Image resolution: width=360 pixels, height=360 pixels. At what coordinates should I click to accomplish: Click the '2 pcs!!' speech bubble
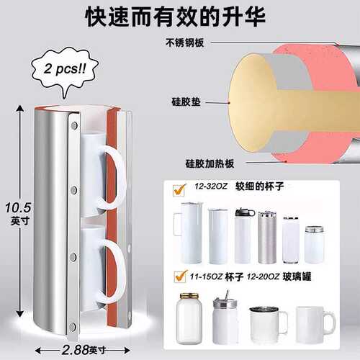click(65, 71)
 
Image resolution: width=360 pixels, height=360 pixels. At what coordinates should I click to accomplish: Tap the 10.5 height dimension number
click(18, 207)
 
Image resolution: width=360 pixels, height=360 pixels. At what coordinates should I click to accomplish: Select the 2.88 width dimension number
click(76, 350)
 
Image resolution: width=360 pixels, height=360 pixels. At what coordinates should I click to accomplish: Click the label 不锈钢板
click(184, 43)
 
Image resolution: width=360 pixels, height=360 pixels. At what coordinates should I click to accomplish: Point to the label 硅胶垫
click(186, 102)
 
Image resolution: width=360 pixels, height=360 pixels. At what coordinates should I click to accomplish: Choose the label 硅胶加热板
click(210, 163)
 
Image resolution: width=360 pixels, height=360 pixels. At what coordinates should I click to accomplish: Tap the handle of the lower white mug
click(113, 271)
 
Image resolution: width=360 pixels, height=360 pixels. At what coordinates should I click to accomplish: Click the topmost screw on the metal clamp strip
click(74, 125)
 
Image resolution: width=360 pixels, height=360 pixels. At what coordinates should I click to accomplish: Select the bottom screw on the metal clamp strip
click(73, 326)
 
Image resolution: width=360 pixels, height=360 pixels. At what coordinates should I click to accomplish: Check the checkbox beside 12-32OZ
click(179, 190)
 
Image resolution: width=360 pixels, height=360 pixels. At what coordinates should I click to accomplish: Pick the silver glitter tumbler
click(267, 237)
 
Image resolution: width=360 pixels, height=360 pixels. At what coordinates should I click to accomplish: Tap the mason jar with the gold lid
click(189, 318)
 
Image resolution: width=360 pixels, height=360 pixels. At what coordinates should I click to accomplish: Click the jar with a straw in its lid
click(225, 317)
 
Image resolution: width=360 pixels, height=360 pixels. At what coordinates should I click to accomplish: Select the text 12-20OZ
click(263, 276)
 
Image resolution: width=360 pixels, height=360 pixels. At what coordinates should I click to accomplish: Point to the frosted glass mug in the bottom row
click(315, 325)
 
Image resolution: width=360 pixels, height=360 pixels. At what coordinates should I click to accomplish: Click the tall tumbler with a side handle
click(189, 233)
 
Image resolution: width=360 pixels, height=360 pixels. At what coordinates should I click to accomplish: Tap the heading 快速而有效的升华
click(175, 17)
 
